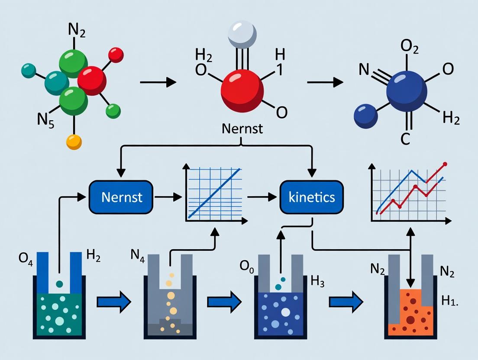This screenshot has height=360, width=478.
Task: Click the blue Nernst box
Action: (x=121, y=197)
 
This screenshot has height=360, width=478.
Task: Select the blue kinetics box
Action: (x=311, y=197)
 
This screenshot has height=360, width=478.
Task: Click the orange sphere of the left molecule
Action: (x=74, y=141)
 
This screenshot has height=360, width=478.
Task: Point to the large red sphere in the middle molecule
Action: (x=242, y=88)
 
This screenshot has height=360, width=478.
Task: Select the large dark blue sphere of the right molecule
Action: (x=407, y=92)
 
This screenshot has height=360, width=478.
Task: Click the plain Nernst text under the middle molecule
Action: (x=242, y=129)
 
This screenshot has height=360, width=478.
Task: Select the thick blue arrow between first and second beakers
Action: (x=113, y=302)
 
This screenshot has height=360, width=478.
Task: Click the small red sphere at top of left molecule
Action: (x=116, y=55)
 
